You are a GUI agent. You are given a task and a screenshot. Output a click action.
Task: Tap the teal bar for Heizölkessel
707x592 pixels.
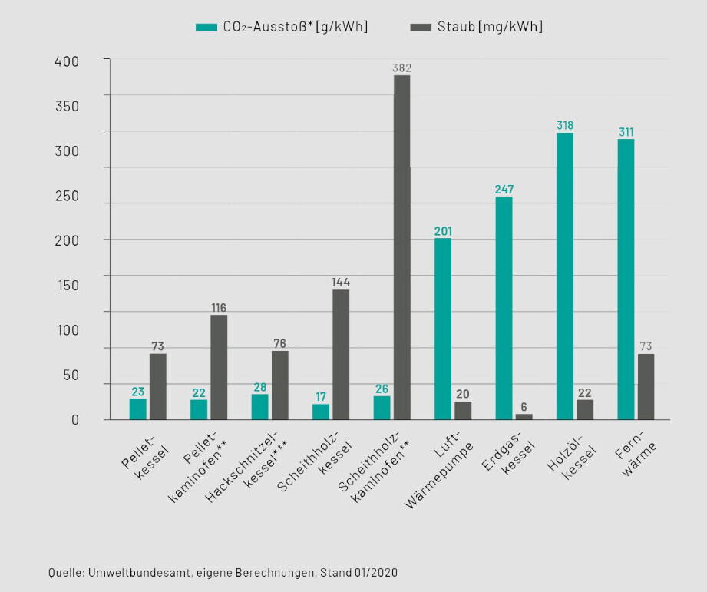pos(565,276)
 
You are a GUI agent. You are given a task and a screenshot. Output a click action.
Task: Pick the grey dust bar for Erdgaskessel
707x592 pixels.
pos(524,416)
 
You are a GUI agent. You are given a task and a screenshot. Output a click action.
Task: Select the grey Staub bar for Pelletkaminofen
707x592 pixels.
pos(219,367)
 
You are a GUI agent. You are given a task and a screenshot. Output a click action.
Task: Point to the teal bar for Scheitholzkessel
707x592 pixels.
pos(321,412)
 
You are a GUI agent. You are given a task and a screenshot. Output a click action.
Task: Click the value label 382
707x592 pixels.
pos(402,68)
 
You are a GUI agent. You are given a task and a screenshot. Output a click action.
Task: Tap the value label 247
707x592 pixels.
pos(504,190)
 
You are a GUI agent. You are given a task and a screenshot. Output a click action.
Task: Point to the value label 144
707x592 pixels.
pos(341,283)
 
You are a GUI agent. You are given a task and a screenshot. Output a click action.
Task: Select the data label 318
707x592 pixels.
pos(565,125)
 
